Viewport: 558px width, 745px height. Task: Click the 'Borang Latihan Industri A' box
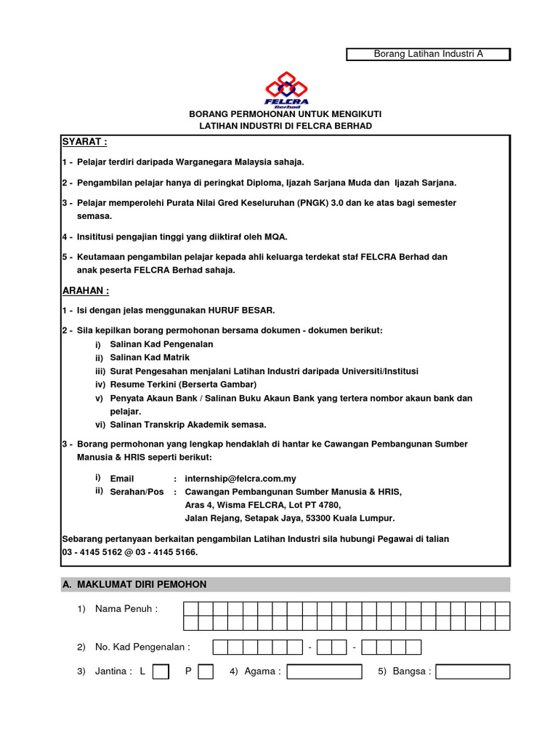[x=428, y=54]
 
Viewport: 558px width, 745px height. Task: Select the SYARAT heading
[x=84, y=141]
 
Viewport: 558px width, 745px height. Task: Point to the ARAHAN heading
[x=86, y=290]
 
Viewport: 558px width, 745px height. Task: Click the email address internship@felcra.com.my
[x=240, y=479]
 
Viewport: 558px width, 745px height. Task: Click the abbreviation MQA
[x=275, y=236]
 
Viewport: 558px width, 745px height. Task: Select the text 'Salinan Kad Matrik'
[x=150, y=358]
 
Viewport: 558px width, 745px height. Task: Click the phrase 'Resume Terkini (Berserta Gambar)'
[x=183, y=384]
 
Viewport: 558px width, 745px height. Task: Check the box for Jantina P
[x=206, y=672]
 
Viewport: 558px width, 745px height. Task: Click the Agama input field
[x=324, y=672]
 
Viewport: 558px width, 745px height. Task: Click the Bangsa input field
[x=473, y=672]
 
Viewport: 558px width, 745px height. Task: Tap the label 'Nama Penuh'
[x=126, y=609]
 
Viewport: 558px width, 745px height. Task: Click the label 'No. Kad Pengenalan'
[x=142, y=647]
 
